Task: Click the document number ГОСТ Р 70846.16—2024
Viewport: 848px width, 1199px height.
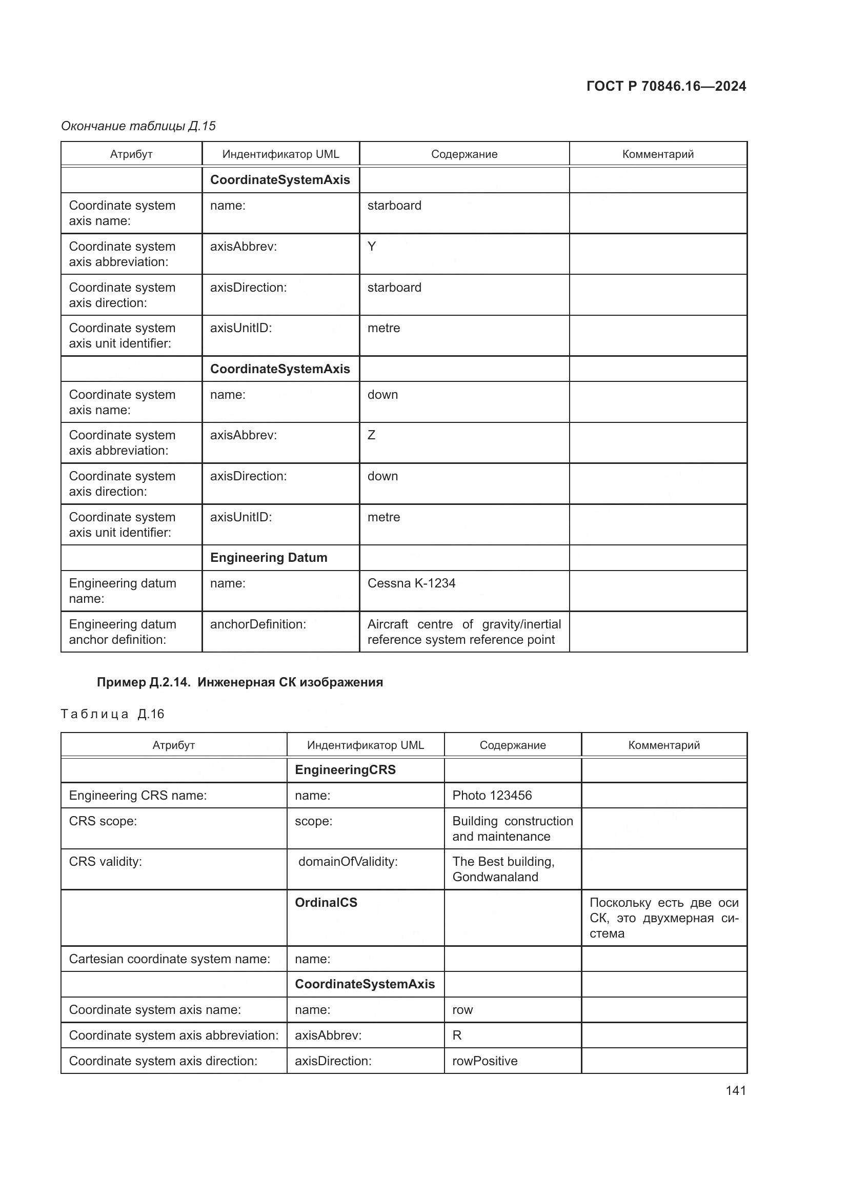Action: point(666,86)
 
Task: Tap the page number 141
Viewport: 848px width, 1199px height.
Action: point(735,1090)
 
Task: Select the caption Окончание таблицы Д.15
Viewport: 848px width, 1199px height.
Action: point(138,126)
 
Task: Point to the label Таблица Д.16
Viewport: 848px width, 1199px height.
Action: point(112,714)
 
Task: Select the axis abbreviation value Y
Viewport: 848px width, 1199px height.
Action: point(371,247)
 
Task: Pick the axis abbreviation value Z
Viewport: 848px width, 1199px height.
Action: point(371,435)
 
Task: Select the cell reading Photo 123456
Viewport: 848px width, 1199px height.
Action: point(492,796)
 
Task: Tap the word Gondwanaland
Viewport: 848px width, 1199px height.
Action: point(495,877)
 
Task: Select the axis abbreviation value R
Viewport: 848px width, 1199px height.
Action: point(457,1035)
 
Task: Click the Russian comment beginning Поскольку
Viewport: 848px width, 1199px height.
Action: point(663,918)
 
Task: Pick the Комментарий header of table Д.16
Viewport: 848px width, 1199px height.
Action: point(663,745)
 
